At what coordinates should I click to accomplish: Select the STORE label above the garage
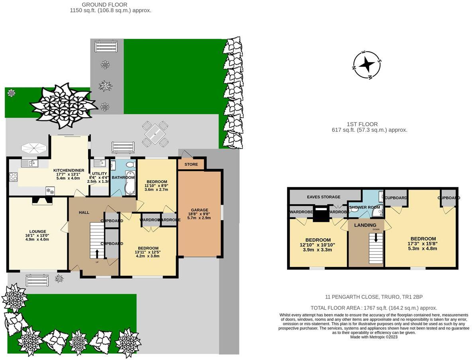(x=191, y=164)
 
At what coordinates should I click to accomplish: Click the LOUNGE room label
(x=37, y=231)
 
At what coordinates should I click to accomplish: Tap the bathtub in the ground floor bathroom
(x=130, y=182)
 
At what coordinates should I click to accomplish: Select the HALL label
(x=84, y=213)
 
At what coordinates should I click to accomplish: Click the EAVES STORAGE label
(x=323, y=197)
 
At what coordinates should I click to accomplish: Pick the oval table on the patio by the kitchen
(x=34, y=148)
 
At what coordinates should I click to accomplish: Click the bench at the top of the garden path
(x=106, y=46)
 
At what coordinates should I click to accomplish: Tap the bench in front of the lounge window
(x=37, y=280)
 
